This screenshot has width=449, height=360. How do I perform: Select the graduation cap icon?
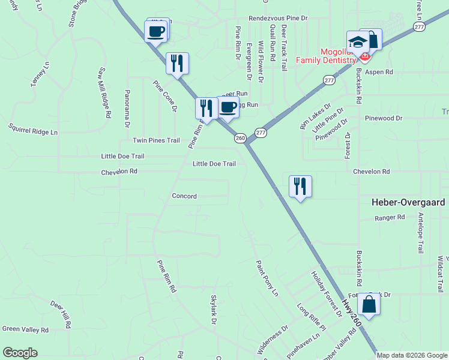point(358,43)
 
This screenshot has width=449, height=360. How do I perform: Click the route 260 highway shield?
point(240,138)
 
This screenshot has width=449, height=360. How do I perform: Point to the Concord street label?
point(184,196)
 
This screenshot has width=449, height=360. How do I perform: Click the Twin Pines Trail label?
point(156,140)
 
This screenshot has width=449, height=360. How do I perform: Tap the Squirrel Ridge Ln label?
point(33,128)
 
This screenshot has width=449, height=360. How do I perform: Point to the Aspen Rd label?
point(379,72)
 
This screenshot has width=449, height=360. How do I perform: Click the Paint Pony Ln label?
point(267,278)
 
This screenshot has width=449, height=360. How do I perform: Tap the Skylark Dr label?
point(213,310)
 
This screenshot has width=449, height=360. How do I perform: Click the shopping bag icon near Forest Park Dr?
point(370,304)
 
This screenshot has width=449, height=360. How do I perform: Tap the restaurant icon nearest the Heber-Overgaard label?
point(300,187)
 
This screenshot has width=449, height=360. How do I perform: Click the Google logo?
point(20,353)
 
